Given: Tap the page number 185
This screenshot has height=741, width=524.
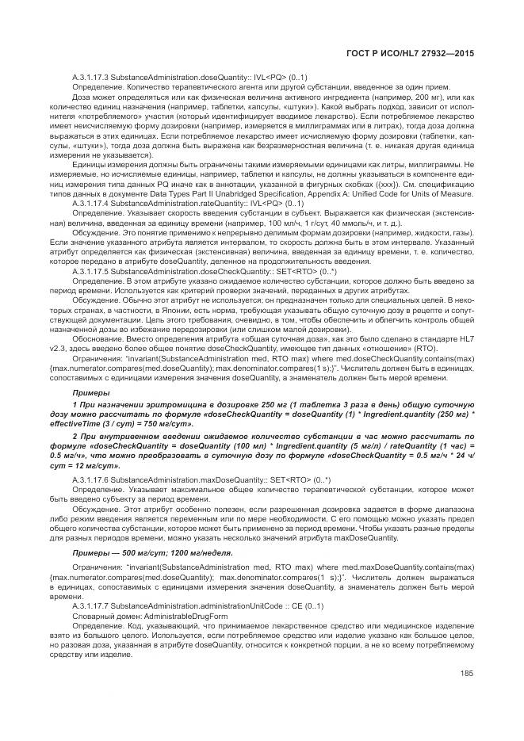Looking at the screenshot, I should click(465, 674).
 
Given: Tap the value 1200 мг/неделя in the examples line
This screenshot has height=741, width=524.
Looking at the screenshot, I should click(189, 552).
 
